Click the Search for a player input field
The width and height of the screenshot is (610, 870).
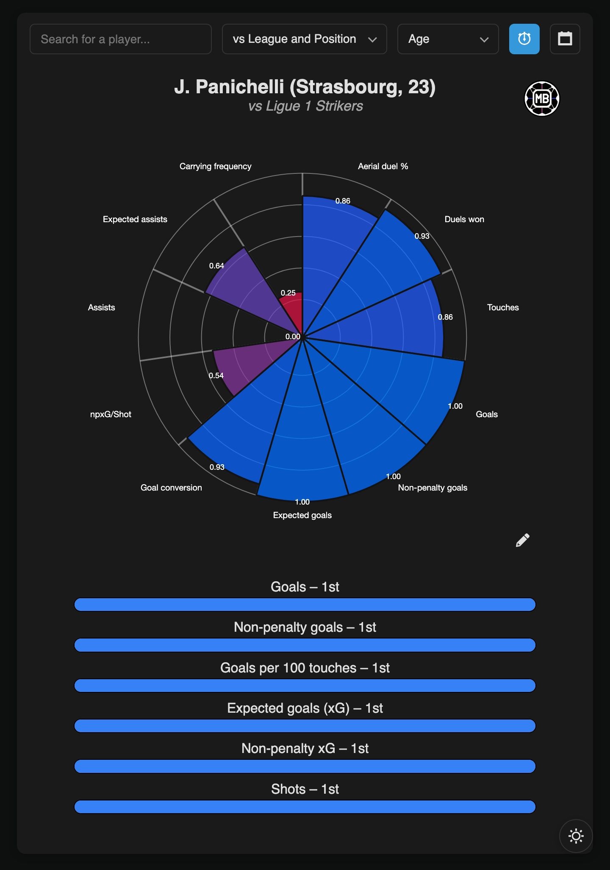click(x=120, y=39)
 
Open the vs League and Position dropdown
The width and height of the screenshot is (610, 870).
click(x=304, y=39)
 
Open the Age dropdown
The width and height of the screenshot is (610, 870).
click(x=448, y=39)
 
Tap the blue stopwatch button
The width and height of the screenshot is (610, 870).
click(x=524, y=39)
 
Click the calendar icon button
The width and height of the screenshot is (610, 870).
click(x=565, y=39)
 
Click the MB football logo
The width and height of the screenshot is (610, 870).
click(x=542, y=99)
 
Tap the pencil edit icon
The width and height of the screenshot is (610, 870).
click(x=522, y=540)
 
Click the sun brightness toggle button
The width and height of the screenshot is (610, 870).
click(x=576, y=836)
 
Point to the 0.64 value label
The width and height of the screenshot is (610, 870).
click(x=216, y=266)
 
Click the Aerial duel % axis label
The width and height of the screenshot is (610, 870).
click(x=383, y=166)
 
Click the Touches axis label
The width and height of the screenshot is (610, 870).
click(x=503, y=307)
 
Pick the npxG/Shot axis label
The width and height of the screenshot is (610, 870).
click(x=111, y=414)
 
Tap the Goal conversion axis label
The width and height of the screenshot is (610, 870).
click(x=171, y=488)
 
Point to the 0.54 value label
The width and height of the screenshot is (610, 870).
click(x=216, y=376)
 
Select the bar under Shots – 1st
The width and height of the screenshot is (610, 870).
click(x=305, y=807)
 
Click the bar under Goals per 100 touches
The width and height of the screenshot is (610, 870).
click(x=305, y=686)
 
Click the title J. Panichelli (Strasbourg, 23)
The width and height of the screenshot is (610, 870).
click(x=305, y=87)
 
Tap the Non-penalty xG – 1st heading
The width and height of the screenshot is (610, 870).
click(x=305, y=748)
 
